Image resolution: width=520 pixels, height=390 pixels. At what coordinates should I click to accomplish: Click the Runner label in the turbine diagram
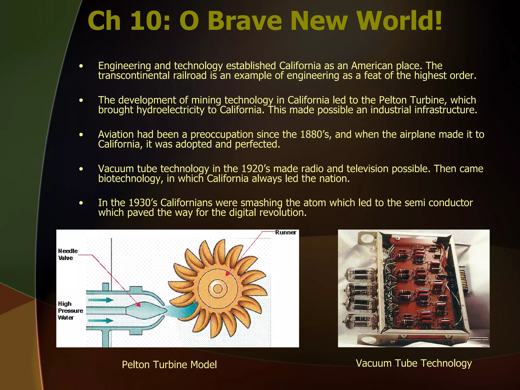[x=286, y=233]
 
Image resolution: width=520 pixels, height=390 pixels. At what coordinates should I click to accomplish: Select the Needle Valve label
[x=68, y=254]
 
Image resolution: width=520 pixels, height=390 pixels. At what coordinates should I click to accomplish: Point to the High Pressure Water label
[x=70, y=311]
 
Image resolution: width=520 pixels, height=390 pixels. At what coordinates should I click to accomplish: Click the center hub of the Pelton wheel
[x=218, y=289]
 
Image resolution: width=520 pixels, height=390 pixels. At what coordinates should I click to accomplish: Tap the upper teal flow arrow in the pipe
[x=101, y=300]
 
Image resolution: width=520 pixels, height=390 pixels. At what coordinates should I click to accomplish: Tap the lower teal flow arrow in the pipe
[x=101, y=321]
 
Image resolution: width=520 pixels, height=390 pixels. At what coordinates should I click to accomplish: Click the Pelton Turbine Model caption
[x=169, y=365]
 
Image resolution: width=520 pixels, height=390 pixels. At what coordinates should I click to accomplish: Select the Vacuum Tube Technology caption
[x=414, y=363]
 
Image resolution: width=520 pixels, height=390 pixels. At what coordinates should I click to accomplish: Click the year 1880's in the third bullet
[x=316, y=135]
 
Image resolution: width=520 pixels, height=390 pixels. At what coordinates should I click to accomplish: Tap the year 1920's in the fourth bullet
[x=257, y=169]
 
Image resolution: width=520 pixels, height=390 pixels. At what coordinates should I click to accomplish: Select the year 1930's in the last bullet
[x=143, y=203]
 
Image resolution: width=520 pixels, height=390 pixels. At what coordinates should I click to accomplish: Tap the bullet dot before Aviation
[x=81, y=135]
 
